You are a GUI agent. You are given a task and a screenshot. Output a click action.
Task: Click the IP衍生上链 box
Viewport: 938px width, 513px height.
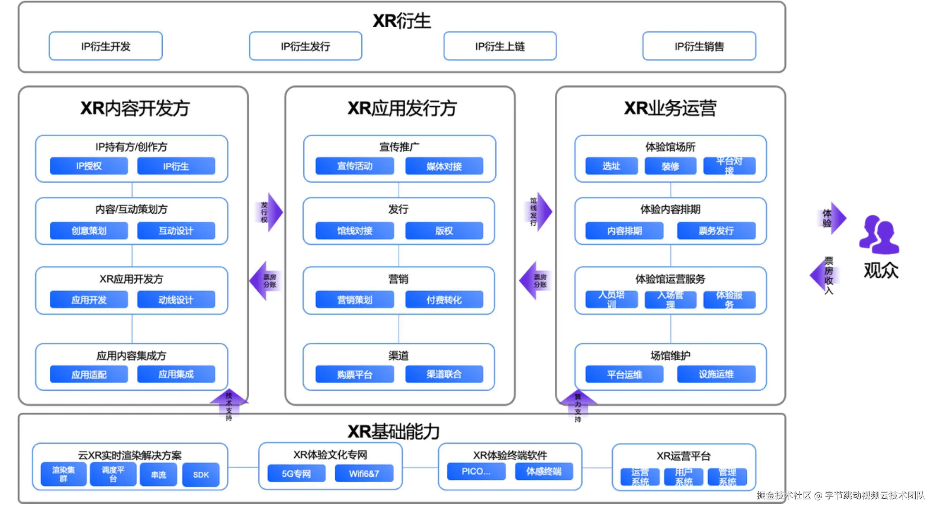pyautogui.click(x=500, y=46)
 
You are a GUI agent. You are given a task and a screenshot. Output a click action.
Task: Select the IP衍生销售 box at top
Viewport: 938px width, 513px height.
pyautogui.click(x=699, y=46)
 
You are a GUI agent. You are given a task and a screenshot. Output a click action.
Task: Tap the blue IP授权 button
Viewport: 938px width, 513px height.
pyautogui.click(x=89, y=166)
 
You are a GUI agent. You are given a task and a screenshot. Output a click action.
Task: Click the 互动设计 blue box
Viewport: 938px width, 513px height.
pyautogui.click(x=176, y=231)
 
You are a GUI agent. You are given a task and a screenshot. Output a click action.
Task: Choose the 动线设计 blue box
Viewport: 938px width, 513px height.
pyautogui.click(x=176, y=300)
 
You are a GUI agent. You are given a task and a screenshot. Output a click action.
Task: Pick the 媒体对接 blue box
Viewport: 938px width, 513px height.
pyautogui.click(x=444, y=166)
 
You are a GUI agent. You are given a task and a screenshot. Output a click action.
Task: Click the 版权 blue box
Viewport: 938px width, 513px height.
pyautogui.click(x=444, y=231)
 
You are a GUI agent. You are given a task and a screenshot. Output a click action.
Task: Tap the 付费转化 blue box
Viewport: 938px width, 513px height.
pyautogui.click(x=444, y=300)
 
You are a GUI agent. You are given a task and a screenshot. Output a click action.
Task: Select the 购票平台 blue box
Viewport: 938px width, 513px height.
pyautogui.click(x=354, y=374)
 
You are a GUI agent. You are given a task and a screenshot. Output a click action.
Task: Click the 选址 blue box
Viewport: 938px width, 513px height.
pyautogui.click(x=611, y=166)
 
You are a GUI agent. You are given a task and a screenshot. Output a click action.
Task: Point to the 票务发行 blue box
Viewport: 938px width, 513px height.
pyautogui.click(x=716, y=231)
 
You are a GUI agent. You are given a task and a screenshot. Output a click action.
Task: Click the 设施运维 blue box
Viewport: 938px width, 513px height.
pyautogui.click(x=716, y=374)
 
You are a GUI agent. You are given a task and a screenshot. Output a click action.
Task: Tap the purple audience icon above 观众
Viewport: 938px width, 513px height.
pyautogui.click(x=879, y=235)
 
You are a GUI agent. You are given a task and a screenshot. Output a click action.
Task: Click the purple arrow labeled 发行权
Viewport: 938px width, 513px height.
pyautogui.click(x=270, y=212)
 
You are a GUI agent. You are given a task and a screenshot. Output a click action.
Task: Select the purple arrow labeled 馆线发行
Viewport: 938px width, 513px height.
pyautogui.click(x=540, y=211)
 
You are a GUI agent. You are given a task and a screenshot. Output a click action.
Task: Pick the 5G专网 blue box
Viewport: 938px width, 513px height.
pyautogui.click(x=296, y=473)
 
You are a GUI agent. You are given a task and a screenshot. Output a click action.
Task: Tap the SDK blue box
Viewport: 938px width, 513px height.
pyautogui.click(x=201, y=475)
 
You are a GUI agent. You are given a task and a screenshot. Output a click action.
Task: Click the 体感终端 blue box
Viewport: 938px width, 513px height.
pyautogui.click(x=544, y=471)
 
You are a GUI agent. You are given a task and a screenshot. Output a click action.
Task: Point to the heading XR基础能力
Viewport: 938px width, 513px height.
pyautogui.click(x=394, y=431)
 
